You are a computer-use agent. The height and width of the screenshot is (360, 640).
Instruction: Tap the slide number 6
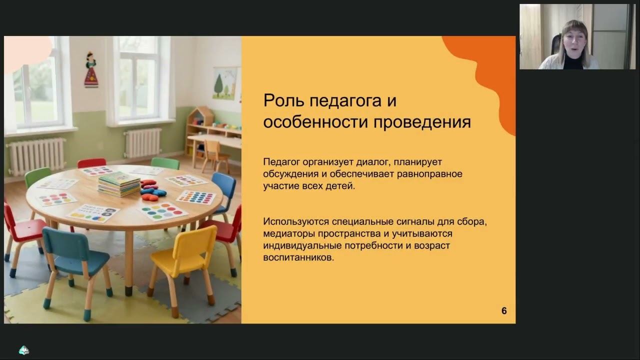click(504, 311)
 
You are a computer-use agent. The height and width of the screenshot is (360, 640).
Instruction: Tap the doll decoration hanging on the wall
click(91, 70)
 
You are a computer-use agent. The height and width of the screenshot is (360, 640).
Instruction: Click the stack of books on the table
click(119, 183)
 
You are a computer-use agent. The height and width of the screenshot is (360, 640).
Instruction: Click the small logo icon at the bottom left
click(23, 350)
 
